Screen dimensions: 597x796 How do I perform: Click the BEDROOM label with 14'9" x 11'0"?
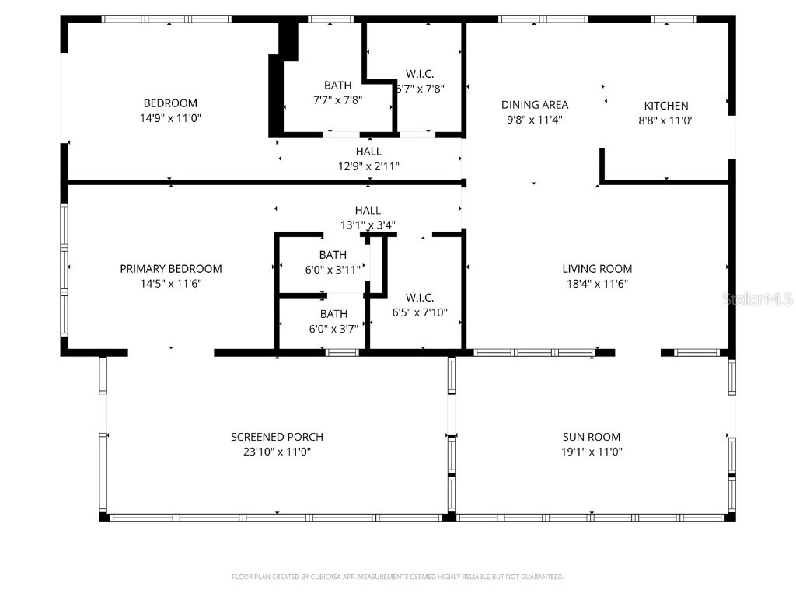click(170, 103)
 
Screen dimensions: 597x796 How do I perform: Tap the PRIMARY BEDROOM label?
click(170, 269)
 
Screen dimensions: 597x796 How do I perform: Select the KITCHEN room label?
click(666, 106)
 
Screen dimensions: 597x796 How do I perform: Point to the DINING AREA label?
click(534, 105)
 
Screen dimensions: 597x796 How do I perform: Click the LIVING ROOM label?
click(597, 269)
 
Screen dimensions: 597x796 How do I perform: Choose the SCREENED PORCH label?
click(277, 437)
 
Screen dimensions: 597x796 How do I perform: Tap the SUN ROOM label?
click(592, 437)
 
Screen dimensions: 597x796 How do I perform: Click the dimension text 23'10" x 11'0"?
click(277, 452)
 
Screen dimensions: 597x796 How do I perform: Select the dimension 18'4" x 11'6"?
click(597, 284)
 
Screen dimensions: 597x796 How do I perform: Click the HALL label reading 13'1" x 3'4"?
click(368, 211)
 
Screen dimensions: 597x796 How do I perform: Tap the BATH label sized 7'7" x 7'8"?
click(337, 86)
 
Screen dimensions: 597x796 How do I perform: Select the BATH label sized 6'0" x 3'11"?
click(333, 255)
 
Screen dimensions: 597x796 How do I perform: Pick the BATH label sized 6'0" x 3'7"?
click(333, 314)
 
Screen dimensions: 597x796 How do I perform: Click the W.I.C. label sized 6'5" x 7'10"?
click(419, 298)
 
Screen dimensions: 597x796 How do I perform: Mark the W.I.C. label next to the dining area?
click(420, 75)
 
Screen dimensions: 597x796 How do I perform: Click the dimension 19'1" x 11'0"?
click(592, 452)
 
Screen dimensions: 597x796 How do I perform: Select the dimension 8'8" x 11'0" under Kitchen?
click(666, 120)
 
